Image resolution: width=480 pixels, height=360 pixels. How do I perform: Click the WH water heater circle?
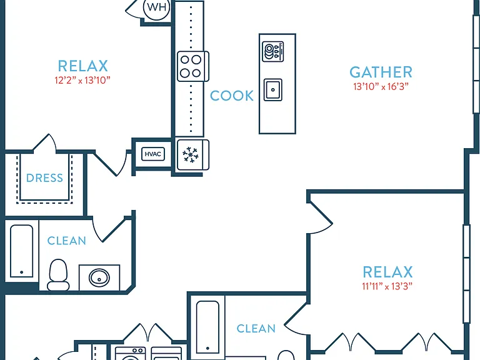pyautogui.click(x=156, y=7)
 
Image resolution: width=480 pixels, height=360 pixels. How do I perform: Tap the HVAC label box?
pyautogui.click(x=152, y=154)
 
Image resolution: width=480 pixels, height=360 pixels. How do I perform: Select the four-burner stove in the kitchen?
pyautogui.click(x=193, y=66)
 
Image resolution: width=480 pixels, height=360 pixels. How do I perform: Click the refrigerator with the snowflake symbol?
pyautogui.click(x=193, y=155)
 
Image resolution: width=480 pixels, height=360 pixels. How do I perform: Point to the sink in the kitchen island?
pyautogui.click(x=272, y=90)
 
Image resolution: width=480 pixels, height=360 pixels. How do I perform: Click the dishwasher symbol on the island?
pyautogui.click(x=272, y=51)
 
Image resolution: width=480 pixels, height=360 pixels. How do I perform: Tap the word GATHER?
pyautogui.click(x=381, y=72)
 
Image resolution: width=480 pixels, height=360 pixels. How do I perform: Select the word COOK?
pyautogui.click(x=232, y=96)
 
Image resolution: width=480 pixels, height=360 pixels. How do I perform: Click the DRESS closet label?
pyautogui.click(x=44, y=178)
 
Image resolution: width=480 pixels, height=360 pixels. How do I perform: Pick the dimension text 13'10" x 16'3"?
pyautogui.click(x=381, y=87)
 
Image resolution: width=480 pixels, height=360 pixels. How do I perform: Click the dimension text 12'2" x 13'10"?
pyautogui.click(x=82, y=80)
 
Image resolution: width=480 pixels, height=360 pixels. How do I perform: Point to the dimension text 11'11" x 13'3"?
pyautogui.click(x=387, y=286)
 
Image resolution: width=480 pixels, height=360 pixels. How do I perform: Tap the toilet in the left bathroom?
pyautogui.click(x=58, y=275)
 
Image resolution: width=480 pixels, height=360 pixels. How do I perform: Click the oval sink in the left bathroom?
pyautogui.click(x=99, y=277)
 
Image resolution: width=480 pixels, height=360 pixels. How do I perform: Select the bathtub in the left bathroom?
pyautogui.click(x=21, y=251)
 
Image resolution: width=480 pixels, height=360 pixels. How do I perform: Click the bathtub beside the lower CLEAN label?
pyautogui.click(x=207, y=327)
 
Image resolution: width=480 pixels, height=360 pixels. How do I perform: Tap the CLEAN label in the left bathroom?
pyautogui.click(x=66, y=241)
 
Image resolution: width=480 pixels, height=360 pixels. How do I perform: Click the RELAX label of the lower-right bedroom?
pyautogui.click(x=387, y=272)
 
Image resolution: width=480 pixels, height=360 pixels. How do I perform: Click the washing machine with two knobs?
pyautogui.click(x=131, y=354)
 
